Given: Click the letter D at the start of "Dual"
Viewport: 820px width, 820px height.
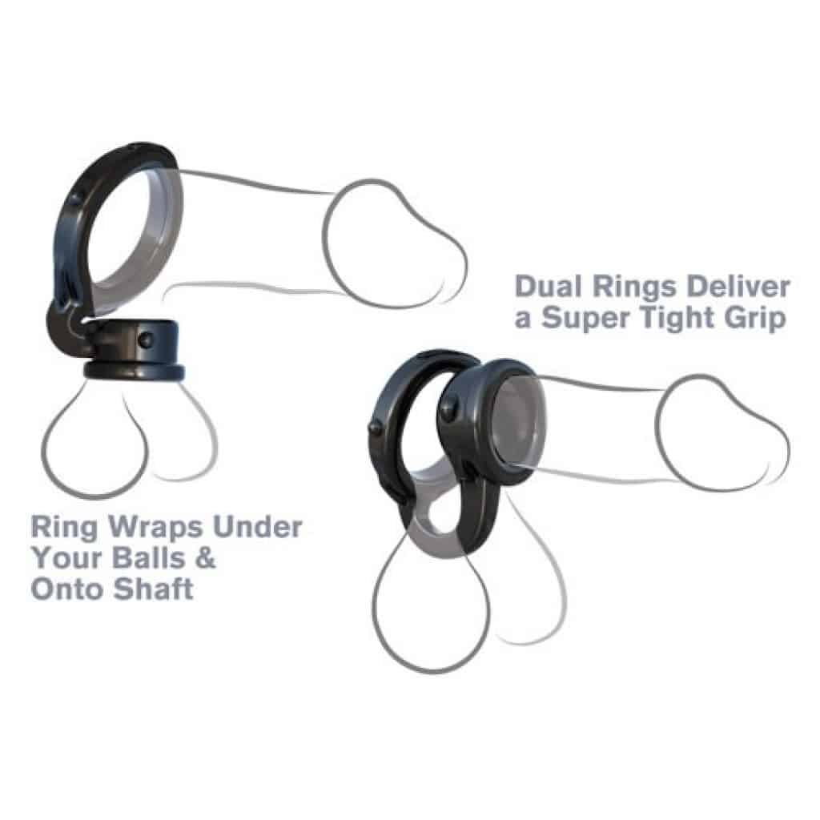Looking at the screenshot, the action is (526, 287).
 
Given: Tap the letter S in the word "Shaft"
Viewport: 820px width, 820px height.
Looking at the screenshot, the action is (123, 589).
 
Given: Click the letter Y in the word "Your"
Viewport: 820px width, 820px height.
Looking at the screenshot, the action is (42, 557).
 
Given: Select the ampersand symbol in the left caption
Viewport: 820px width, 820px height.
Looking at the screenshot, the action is (206, 557).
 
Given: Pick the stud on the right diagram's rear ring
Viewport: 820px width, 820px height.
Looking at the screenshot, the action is (376, 427).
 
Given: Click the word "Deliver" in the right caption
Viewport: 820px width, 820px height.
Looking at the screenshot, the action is (738, 287).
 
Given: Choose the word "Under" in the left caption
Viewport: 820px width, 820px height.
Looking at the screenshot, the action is (257, 527).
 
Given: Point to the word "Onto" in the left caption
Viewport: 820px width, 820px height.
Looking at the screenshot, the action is (68, 589).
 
